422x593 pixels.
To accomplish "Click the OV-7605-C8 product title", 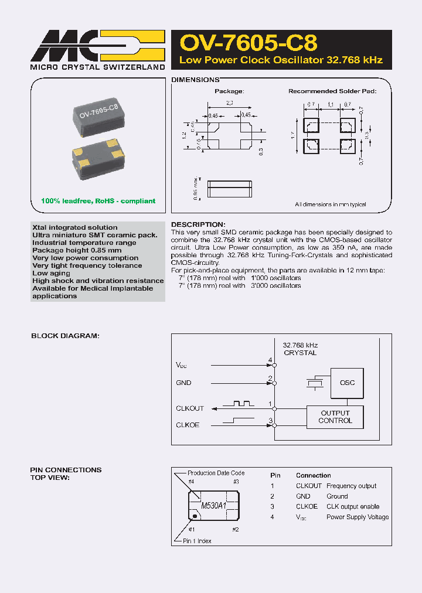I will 248,43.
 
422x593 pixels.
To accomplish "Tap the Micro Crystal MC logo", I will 97,45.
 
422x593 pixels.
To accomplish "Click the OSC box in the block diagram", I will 347,383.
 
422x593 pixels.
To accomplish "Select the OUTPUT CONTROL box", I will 335,417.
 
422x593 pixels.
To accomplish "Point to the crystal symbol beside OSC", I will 315,383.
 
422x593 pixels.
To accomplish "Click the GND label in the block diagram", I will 183,383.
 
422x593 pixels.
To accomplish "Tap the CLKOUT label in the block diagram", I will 190,408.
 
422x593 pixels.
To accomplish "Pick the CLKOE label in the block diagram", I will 188,425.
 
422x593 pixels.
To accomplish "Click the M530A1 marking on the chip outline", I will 213,505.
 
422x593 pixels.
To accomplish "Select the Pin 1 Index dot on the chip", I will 195,516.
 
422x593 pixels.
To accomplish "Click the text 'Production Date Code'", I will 216,473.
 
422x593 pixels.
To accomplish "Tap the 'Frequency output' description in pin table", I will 351,486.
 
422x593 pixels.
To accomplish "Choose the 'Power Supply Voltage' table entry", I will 357,517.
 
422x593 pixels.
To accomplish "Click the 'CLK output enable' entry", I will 352,506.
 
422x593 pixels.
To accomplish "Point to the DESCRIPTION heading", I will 198,224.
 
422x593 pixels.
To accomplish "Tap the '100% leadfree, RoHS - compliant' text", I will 98,201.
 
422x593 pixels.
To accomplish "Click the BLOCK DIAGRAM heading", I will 64,336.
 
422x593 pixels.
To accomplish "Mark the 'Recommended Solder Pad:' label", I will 332,91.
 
